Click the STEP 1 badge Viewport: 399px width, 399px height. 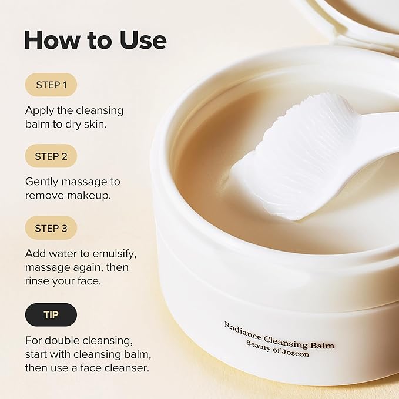[x=51, y=85]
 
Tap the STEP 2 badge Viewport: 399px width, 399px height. [x=51, y=156]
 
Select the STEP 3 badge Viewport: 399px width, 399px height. [x=51, y=228]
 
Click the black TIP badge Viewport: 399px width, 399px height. [x=51, y=315]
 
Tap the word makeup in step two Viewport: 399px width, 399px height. [x=92, y=195]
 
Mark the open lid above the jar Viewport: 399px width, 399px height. [x=353, y=18]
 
